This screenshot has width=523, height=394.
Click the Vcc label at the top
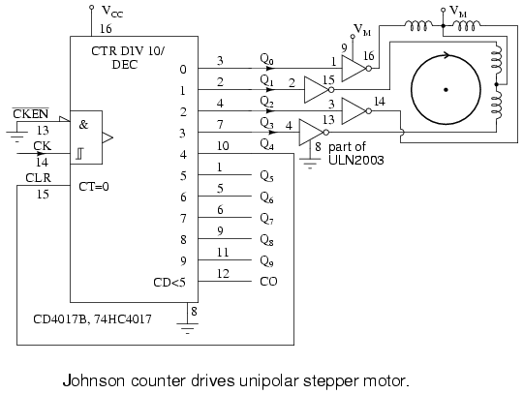(112, 12)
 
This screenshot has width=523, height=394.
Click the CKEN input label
(30, 113)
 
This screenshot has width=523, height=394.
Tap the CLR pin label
(39, 178)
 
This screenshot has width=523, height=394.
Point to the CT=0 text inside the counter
(94, 187)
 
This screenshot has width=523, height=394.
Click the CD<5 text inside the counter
(169, 283)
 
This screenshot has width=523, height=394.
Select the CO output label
(268, 282)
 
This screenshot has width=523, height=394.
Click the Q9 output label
(267, 261)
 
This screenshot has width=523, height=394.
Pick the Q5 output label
(267, 176)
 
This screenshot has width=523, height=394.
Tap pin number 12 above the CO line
(223, 273)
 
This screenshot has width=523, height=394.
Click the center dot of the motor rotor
(446, 90)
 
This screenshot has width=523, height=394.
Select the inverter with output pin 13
(314, 133)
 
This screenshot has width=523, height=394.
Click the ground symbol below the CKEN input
(17, 136)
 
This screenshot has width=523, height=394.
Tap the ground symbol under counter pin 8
(188, 327)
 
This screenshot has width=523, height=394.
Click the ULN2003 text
(356, 160)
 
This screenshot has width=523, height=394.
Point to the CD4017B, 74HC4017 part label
(92, 319)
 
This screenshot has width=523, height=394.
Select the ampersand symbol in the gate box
(83, 125)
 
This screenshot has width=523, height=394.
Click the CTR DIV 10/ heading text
(128, 51)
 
